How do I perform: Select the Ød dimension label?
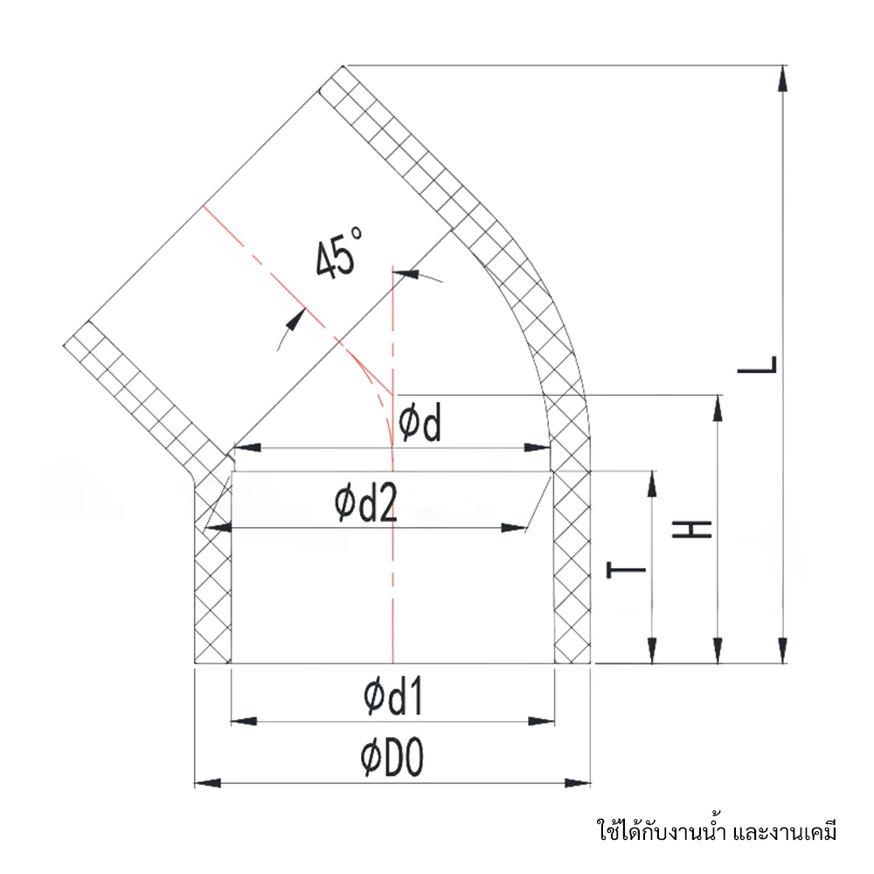[421, 423]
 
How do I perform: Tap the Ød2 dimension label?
[366, 504]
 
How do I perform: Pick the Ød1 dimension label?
[393, 697]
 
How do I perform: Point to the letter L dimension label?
[757, 364]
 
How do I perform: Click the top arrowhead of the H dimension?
[718, 407]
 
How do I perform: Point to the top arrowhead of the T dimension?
[652, 483]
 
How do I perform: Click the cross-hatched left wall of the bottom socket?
[212, 594]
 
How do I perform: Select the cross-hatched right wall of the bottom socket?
[572, 568]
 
